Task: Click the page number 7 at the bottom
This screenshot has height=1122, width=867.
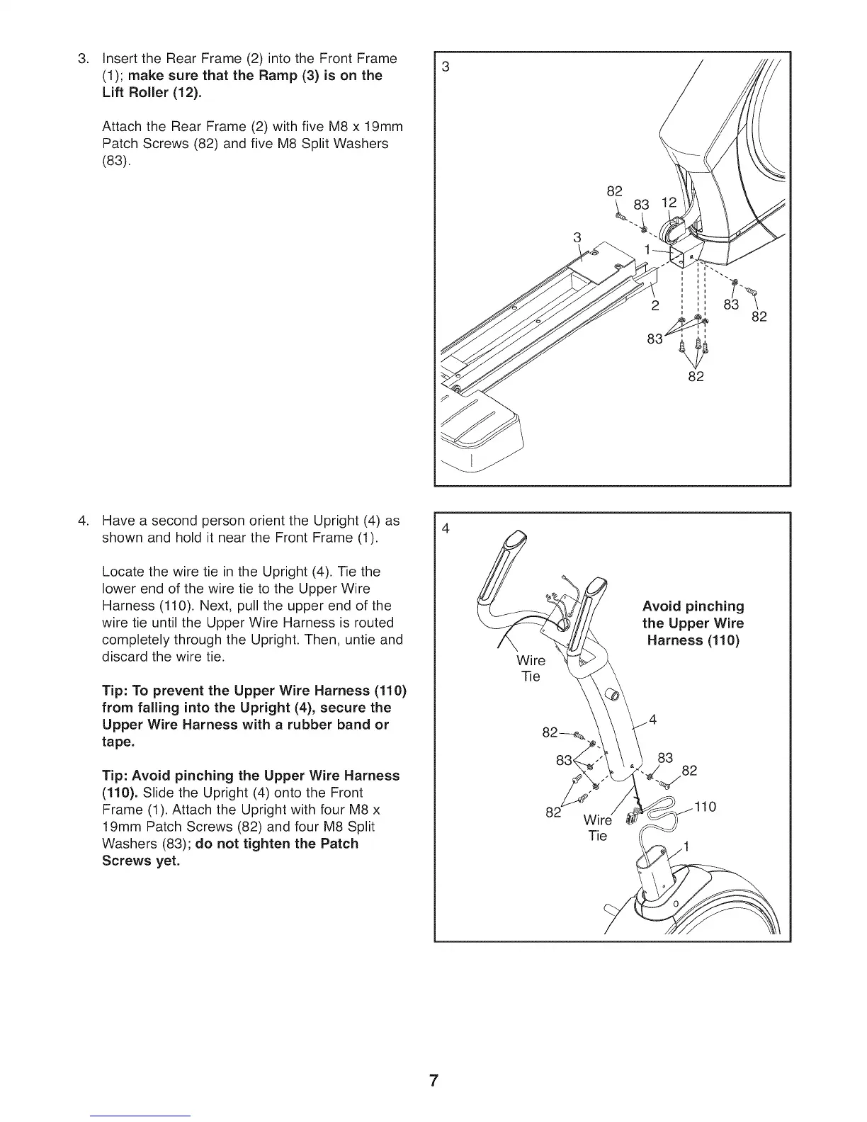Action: pyautogui.click(x=433, y=1082)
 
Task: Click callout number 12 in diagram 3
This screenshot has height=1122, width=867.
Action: pyautogui.click(x=669, y=203)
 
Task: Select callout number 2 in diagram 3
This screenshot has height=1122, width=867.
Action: pyautogui.click(x=655, y=306)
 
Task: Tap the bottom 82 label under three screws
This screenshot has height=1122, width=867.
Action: pyautogui.click(x=696, y=376)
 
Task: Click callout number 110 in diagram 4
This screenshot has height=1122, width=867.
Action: pyautogui.click(x=705, y=807)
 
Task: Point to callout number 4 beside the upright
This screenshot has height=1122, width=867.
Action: pyautogui.click(x=652, y=720)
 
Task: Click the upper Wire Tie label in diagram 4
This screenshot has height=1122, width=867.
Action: pyautogui.click(x=531, y=668)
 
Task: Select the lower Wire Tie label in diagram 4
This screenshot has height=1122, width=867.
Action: pyautogui.click(x=597, y=828)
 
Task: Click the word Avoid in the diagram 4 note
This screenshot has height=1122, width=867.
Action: pyautogui.click(x=661, y=606)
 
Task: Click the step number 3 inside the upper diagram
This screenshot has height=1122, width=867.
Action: pyautogui.click(x=446, y=67)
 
